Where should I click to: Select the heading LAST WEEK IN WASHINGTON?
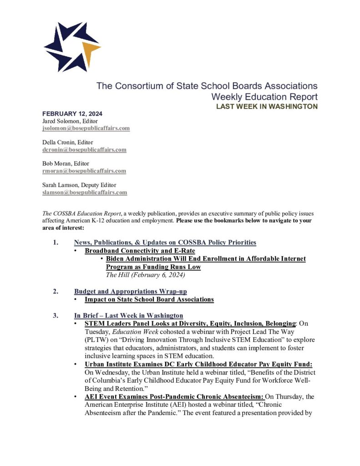tap(267, 106)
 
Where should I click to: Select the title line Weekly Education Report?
tap(264, 97)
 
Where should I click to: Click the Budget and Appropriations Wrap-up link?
tap(130, 291)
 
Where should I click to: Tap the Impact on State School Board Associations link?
tap(149, 299)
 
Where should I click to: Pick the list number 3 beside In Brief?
tap(56, 315)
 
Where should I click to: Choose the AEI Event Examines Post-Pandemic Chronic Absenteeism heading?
tap(174, 397)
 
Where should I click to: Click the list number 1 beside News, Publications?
tap(56, 243)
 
